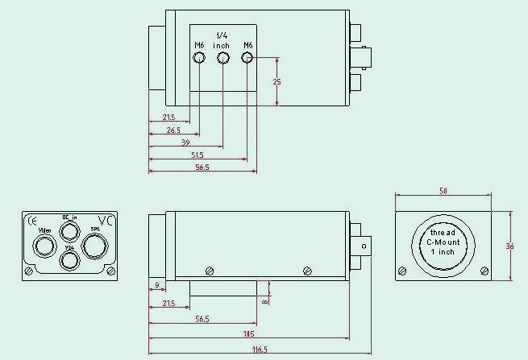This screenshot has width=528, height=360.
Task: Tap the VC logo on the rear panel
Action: pos(105,220)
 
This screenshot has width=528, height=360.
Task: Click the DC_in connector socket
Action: pos(70,231)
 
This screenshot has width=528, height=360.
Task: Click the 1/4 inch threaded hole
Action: pos(222,58)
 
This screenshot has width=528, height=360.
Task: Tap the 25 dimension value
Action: pos(276,82)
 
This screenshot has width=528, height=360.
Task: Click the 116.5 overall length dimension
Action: pos(259,350)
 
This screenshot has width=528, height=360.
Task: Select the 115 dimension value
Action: pos(247,333)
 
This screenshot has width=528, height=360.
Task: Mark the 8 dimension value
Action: pos(264,302)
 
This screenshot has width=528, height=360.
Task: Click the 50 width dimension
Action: pos(443,190)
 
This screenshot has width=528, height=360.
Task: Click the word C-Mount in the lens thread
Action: pos(443,242)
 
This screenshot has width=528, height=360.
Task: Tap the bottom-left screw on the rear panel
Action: pos(30,271)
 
